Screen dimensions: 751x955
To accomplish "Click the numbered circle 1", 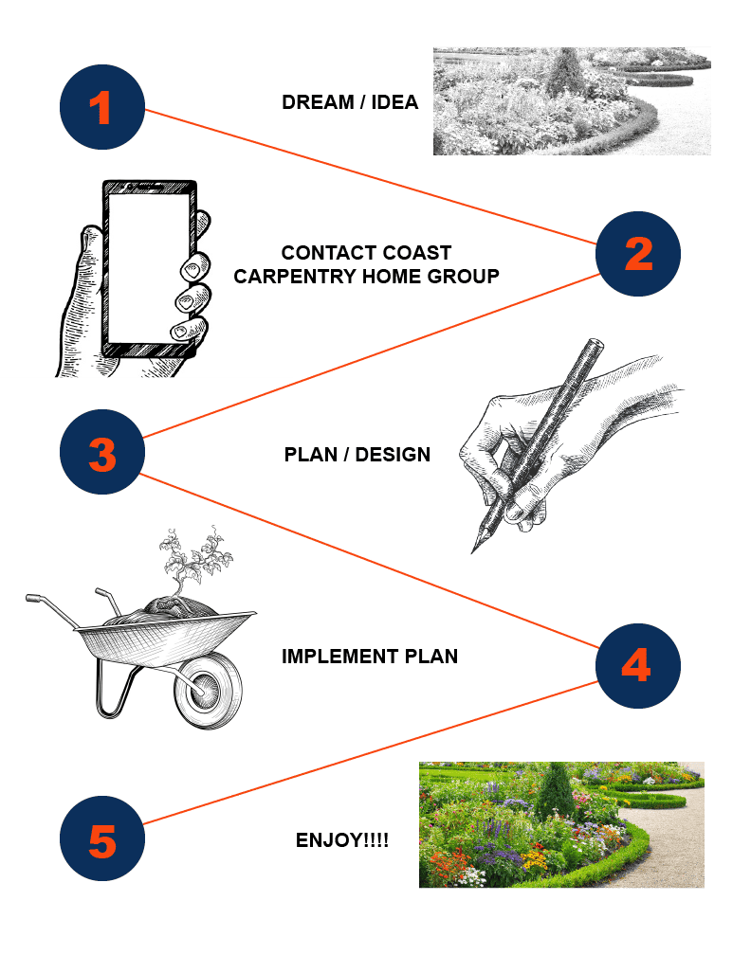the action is click(x=102, y=107).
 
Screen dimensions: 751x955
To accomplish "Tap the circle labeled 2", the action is click(x=637, y=254).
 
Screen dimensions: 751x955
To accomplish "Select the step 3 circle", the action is click(x=102, y=452).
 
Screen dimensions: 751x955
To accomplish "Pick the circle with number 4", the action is click(x=637, y=666).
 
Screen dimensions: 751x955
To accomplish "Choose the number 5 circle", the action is click(x=102, y=838).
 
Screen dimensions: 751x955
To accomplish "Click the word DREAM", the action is click(x=318, y=102).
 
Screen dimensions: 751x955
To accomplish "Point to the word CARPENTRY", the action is click(x=296, y=277).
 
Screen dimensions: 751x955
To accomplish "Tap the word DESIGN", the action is click(x=393, y=455).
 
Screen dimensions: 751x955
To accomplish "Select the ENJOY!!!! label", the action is click(x=342, y=840).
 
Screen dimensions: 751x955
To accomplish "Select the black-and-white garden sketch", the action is click(x=572, y=101).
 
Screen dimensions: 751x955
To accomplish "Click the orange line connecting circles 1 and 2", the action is click(x=370, y=176).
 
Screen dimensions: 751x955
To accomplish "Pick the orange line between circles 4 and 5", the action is click(x=370, y=753).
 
